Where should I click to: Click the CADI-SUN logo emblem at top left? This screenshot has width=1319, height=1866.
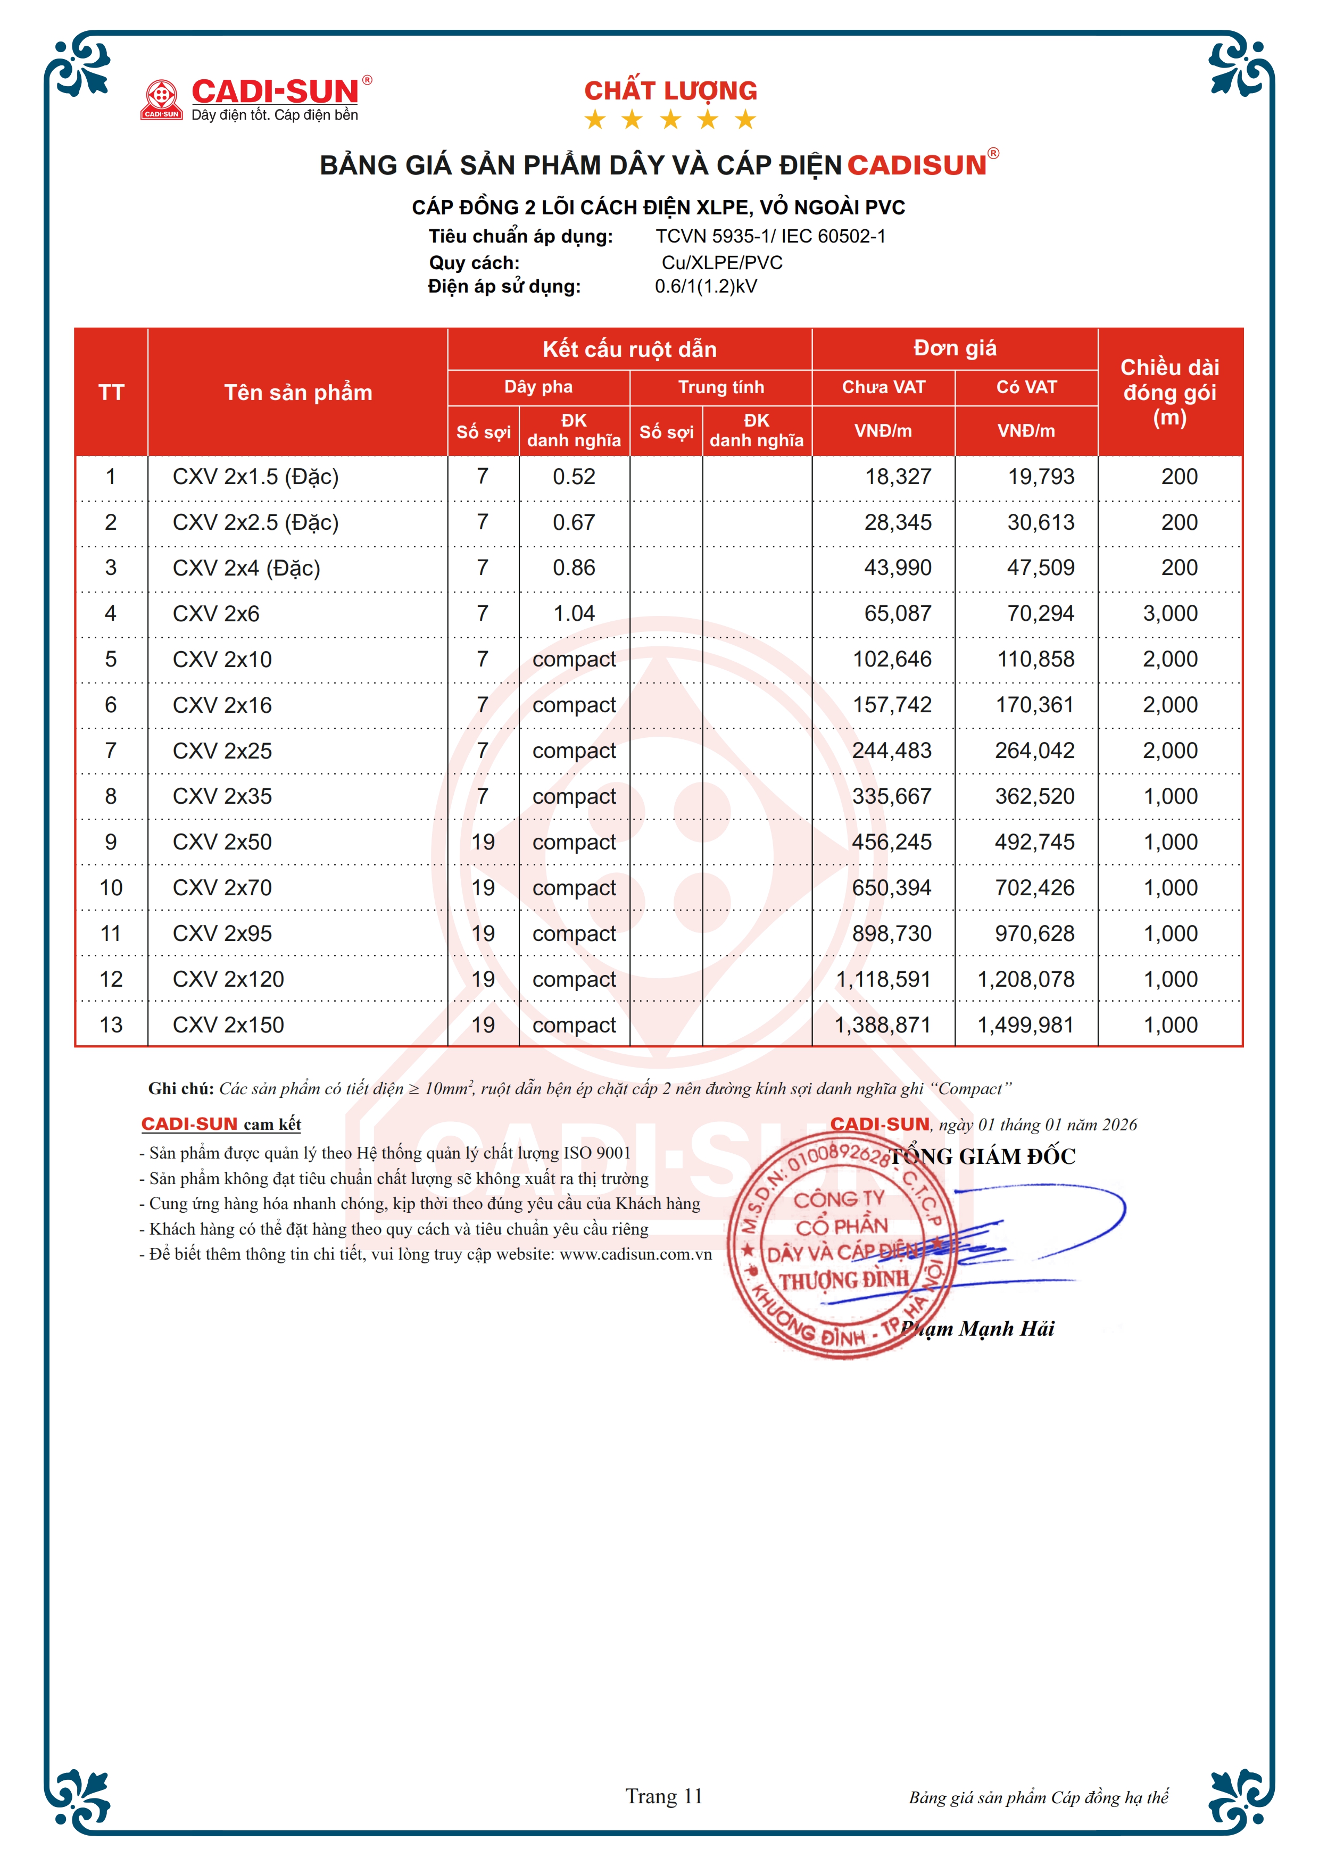click(162, 99)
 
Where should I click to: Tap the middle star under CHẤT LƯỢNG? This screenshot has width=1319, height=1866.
click(670, 120)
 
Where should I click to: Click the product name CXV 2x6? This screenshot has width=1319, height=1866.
click(216, 614)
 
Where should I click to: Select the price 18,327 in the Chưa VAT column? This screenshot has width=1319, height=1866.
click(898, 477)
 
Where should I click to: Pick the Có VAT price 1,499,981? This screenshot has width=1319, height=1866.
click(1026, 1025)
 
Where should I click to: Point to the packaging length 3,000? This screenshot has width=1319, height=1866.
click(1170, 614)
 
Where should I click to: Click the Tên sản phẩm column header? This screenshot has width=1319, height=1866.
click(298, 393)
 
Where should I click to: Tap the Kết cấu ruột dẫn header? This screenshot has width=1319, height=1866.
click(630, 349)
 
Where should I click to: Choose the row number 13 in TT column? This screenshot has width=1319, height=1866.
click(111, 1025)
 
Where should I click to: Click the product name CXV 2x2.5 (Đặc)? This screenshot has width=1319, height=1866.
click(255, 522)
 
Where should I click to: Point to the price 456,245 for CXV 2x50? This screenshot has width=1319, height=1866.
click(892, 842)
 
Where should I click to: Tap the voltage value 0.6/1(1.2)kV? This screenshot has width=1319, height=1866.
click(706, 287)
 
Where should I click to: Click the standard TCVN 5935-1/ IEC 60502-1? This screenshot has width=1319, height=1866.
click(770, 237)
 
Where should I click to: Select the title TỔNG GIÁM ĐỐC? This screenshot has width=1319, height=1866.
click(983, 1156)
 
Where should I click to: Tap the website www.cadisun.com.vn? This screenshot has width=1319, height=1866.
click(635, 1254)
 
